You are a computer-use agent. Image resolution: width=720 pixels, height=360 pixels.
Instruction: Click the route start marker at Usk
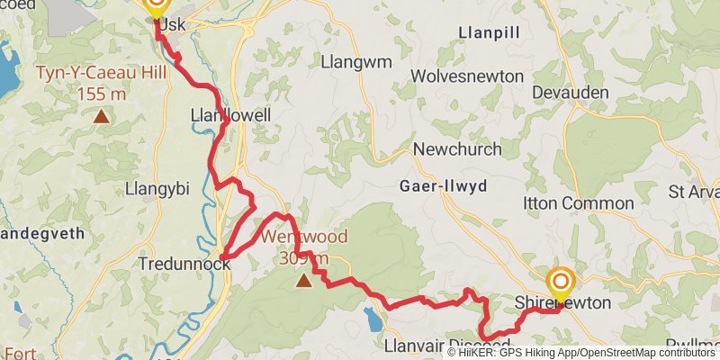(156, 7)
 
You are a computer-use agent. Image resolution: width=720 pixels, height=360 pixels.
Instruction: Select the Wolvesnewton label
(466, 76)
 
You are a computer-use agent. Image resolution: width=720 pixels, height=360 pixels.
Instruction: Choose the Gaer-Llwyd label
(442, 186)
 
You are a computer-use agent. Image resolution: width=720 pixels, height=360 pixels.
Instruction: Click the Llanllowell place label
(230, 116)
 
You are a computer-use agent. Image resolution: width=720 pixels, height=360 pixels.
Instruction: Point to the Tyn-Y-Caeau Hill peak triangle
(102, 115)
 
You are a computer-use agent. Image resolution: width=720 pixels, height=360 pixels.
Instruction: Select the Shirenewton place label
(562, 303)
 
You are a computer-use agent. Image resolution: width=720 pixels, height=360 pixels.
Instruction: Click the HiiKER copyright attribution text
(581, 353)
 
